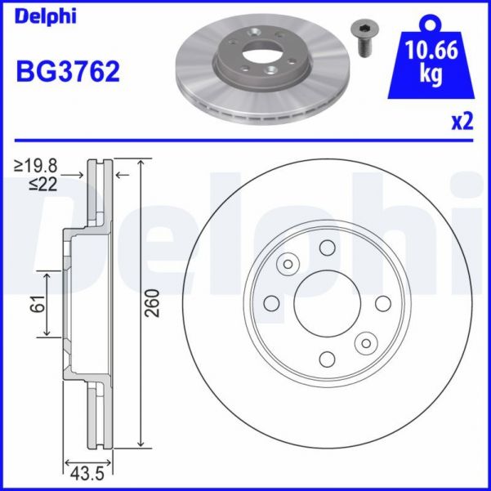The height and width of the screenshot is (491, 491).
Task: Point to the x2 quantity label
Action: [x=462, y=122]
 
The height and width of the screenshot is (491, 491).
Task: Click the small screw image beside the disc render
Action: [x=362, y=38]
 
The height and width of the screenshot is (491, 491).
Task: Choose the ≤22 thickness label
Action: [x=42, y=185]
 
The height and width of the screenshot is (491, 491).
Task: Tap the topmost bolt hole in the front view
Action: [x=328, y=248]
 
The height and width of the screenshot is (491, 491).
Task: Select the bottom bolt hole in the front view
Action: [x=328, y=359]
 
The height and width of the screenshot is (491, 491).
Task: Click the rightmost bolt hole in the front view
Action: [x=382, y=304]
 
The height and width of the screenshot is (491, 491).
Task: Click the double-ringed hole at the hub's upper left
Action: [x=288, y=264]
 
